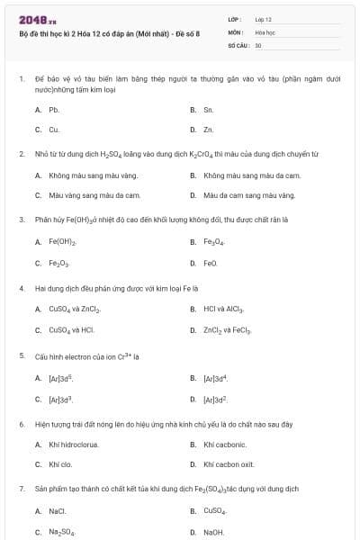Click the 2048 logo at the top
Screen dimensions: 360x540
32,19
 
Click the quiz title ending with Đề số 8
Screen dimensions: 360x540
109,32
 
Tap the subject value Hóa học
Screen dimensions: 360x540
265,31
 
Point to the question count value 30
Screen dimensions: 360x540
258,44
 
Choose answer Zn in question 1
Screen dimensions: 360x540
208,130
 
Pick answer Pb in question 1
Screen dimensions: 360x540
54,110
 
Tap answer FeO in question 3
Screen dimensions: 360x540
211,264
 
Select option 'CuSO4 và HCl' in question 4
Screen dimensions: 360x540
65,330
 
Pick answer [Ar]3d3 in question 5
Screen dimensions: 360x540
60,399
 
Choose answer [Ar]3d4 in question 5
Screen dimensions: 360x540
215,379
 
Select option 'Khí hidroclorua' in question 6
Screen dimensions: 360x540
72,445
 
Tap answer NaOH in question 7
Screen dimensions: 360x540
213,532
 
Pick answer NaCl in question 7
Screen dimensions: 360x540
58,511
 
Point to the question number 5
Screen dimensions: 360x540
22,355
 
